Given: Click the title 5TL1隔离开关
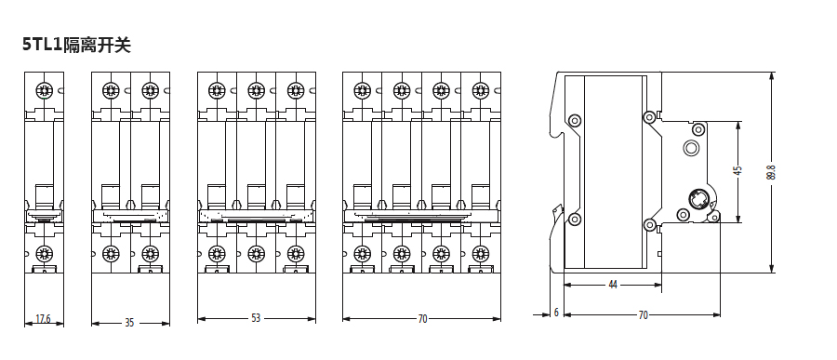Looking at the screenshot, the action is (76, 45).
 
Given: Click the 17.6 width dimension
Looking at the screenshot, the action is (43, 319).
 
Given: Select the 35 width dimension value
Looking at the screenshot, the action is (129, 323).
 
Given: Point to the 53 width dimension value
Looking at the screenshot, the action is (257, 318).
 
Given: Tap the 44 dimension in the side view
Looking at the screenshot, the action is (613, 285).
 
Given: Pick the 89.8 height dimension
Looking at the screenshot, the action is (770, 172).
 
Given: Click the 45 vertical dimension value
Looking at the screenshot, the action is (738, 171).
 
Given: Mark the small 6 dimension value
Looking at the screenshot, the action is (556, 313).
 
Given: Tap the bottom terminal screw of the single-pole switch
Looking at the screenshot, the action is (44, 253).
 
